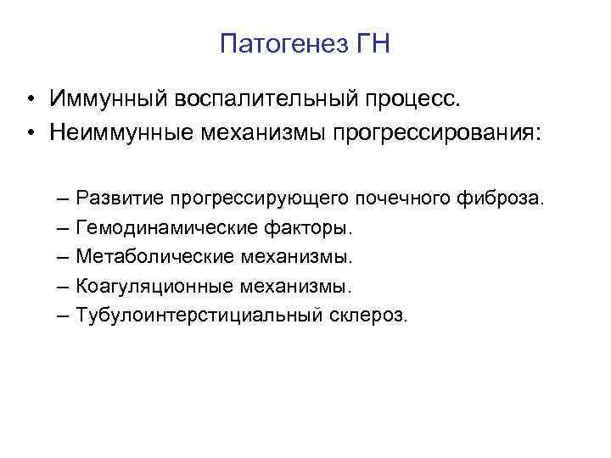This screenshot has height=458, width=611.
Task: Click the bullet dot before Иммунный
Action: [30, 101]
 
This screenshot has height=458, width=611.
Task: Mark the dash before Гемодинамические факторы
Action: [66, 228]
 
